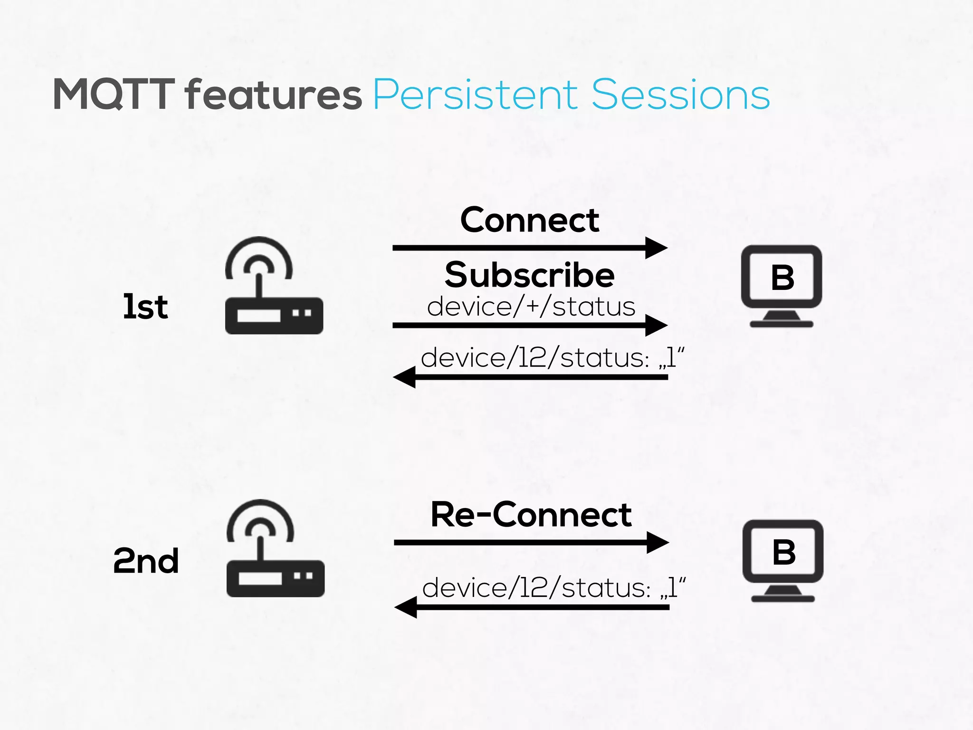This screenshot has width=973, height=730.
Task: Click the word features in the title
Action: click(274, 95)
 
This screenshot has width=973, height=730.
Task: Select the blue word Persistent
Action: click(475, 95)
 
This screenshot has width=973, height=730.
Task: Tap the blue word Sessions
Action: click(680, 95)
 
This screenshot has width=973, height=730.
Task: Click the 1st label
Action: click(145, 307)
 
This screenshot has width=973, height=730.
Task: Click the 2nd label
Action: click(146, 561)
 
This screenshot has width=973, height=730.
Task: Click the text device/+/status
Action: click(531, 307)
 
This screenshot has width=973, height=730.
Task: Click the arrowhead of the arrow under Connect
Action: click(657, 248)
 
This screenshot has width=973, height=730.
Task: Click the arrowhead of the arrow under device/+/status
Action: click(657, 326)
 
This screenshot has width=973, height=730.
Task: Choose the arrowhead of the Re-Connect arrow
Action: click(658, 542)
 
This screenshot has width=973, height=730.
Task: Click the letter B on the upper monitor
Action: click(782, 278)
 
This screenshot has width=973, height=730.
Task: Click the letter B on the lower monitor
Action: click(783, 552)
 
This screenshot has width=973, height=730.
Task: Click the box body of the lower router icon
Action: click(275, 578)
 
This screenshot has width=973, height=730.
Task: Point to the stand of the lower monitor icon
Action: click(782, 594)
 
